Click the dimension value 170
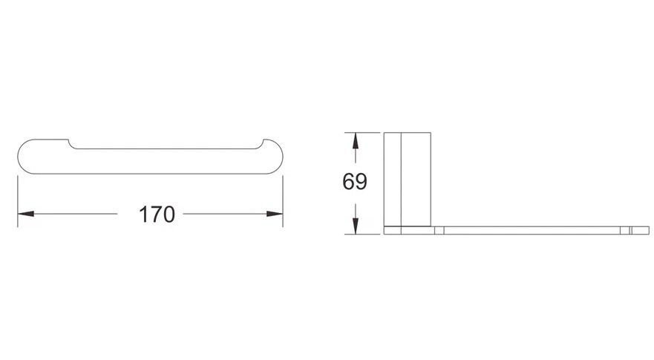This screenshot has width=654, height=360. click(x=157, y=215)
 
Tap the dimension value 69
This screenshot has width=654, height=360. click(x=355, y=181)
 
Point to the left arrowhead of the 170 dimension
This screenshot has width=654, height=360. click(x=26, y=214)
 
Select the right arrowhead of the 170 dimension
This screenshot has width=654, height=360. click(x=275, y=214)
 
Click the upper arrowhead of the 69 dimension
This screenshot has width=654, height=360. click(x=355, y=141)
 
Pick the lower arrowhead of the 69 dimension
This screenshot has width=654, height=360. click(x=355, y=226)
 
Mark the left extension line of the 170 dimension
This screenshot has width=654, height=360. click(x=18, y=201)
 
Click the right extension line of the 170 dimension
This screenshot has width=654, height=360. click(x=283, y=201)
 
